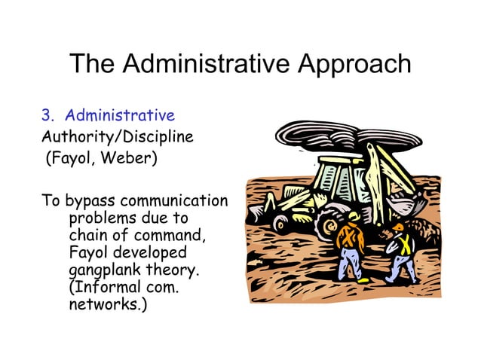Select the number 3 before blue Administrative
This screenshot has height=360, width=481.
pos(46,116)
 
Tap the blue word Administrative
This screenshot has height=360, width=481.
pos(120,116)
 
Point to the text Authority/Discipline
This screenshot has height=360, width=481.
pos(117,138)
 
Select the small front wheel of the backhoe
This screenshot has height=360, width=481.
pos(281,223)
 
